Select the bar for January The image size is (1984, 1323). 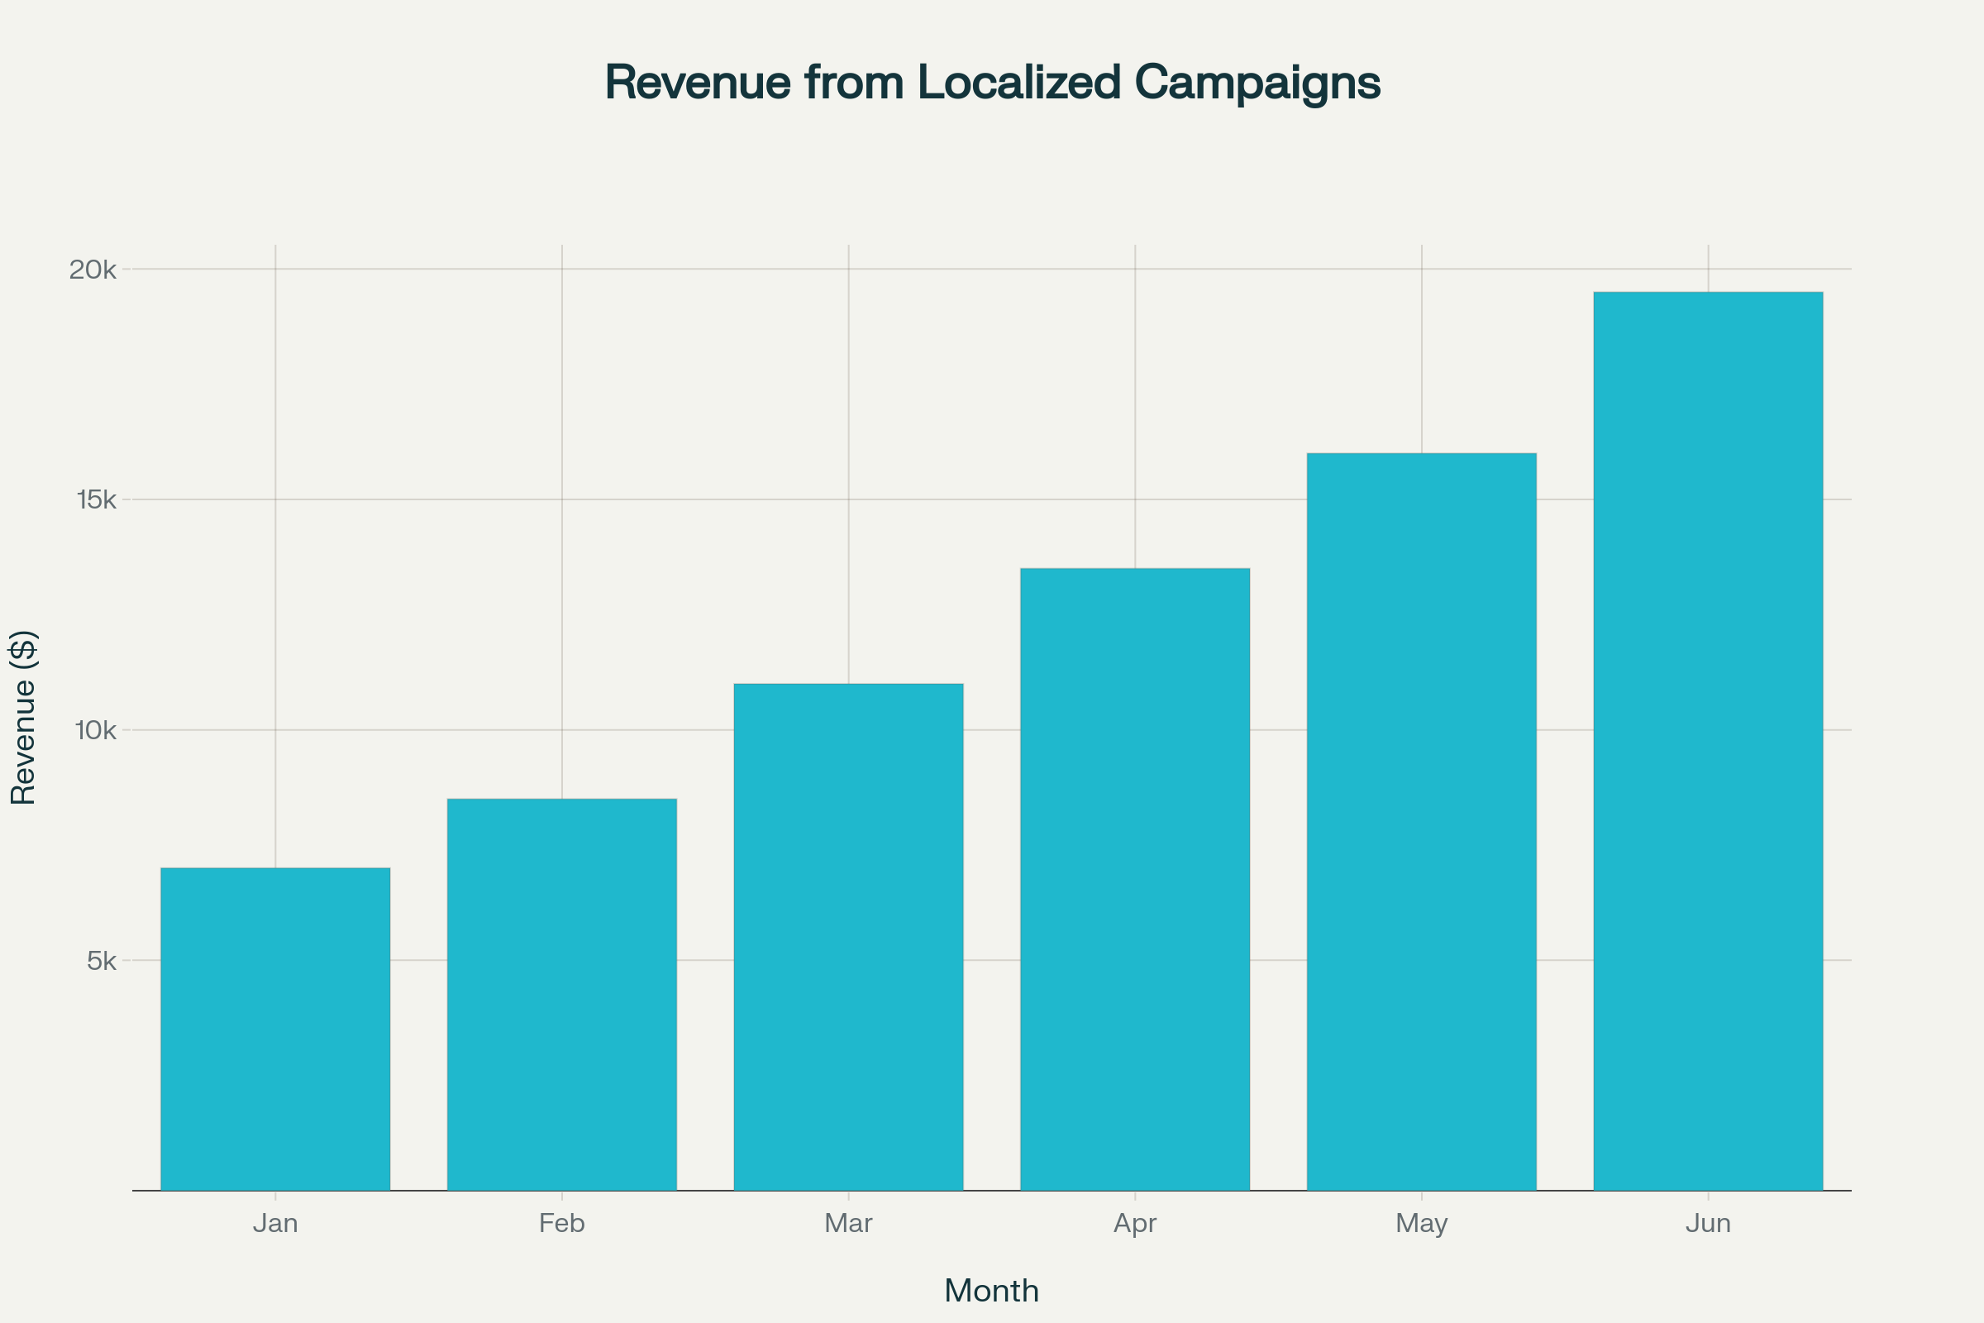coord(275,1029)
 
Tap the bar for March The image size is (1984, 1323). coord(849,937)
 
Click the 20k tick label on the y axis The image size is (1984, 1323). coord(93,270)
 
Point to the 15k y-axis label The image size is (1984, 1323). coord(96,499)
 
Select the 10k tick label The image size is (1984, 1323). coord(95,730)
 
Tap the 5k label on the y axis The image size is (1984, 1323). coord(101,960)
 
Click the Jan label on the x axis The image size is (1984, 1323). coord(275,1224)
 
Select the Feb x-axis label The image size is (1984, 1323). coord(562,1224)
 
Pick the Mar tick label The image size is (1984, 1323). coord(849,1224)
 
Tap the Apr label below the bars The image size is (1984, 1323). coord(1134,1224)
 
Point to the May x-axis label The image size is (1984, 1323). coord(1421,1224)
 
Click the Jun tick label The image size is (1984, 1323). coord(1708,1224)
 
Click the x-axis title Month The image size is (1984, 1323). coord(991,1291)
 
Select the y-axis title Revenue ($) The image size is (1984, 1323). coord(23,717)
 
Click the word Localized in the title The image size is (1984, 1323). coord(1019,83)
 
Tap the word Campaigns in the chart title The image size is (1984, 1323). coord(1257,83)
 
